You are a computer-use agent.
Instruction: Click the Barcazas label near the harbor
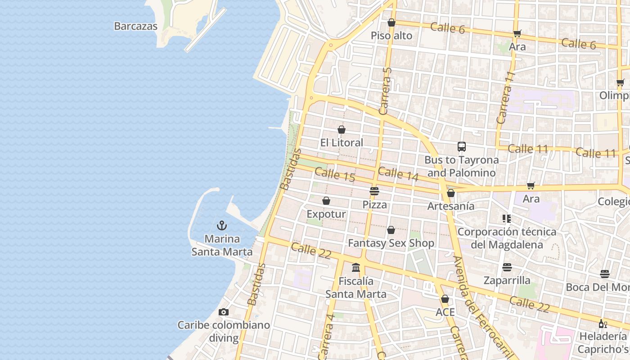(x=135, y=26)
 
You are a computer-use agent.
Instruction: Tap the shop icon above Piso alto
(x=391, y=22)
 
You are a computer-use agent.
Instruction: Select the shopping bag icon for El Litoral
(x=342, y=130)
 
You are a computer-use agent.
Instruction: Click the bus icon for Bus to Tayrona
(x=462, y=146)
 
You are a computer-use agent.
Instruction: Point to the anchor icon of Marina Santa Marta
(x=222, y=225)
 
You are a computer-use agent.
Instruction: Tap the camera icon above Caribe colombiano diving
(x=223, y=312)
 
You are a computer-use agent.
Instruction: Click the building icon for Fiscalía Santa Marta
(x=356, y=268)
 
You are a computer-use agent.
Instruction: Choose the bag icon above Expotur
(x=326, y=201)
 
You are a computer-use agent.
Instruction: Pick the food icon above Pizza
(x=374, y=191)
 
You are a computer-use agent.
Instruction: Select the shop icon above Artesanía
(x=451, y=193)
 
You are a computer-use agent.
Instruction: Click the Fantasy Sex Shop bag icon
(x=391, y=230)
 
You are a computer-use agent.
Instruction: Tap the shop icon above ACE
(x=445, y=299)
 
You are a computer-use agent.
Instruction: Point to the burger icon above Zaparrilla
(x=507, y=267)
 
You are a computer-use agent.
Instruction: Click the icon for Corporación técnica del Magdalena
(x=507, y=219)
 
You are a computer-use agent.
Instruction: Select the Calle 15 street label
(x=335, y=175)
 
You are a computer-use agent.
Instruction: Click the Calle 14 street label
(x=398, y=174)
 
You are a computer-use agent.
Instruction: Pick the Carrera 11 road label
(x=505, y=98)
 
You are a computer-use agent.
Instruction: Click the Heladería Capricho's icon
(x=603, y=324)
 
